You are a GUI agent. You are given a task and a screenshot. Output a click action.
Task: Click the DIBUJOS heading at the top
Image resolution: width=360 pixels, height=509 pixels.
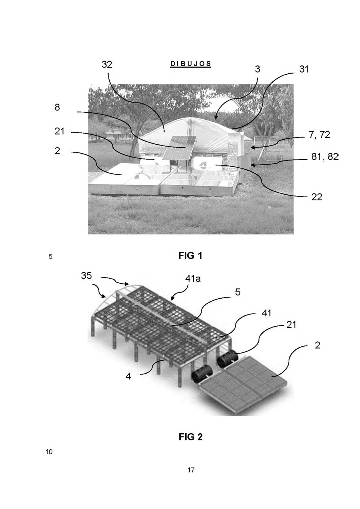click(190, 64)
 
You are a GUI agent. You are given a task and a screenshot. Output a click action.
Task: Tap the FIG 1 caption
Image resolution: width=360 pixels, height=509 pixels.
click(190, 256)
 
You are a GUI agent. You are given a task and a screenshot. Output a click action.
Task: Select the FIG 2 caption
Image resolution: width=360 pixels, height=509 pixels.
click(190, 437)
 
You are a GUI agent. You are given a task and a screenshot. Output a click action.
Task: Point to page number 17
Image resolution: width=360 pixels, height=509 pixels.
click(191, 470)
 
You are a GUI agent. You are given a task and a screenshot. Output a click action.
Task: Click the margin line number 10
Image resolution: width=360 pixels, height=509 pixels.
click(49, 452)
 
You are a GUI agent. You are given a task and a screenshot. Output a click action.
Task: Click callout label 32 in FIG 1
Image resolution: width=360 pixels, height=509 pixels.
click(107, 64)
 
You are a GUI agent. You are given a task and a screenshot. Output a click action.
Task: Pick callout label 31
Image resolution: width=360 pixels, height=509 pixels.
click(304, 69)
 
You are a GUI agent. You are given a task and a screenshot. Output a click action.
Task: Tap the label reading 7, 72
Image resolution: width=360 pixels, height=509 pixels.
click(319, 135)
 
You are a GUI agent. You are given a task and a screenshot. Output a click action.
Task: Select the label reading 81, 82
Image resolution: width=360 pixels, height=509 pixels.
click(325, 156)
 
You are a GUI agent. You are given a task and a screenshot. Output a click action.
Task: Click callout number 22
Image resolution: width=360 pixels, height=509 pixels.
click(317, 197)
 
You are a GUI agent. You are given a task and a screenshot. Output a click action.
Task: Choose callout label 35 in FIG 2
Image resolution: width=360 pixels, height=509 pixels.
click(87, 276)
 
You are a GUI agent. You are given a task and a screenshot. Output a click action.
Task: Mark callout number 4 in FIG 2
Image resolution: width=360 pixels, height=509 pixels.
click(128, 376)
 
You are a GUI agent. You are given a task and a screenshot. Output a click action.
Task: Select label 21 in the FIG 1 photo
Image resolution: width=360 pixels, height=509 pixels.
click(59, 131)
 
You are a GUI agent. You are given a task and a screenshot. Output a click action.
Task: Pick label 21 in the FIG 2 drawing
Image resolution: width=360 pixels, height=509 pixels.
click(291, 325)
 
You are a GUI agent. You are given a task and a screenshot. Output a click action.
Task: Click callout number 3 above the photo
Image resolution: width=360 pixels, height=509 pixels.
click(257, 69)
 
